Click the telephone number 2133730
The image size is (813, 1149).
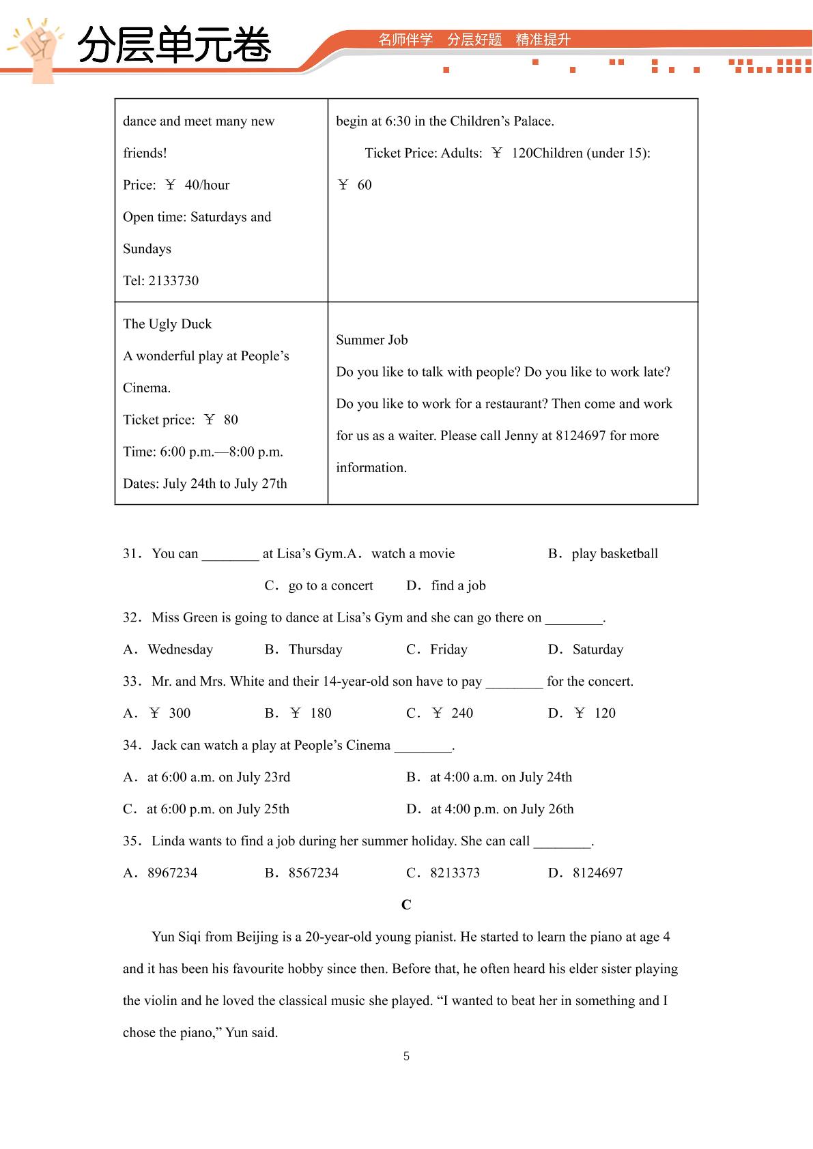(173, 280)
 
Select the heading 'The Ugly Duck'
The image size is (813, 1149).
(167, 324)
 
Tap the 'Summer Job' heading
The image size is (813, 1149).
(371, 340)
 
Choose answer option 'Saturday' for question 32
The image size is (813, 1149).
(597, 650)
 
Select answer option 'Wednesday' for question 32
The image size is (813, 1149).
(180, 650)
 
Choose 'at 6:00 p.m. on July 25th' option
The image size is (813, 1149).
(218, 809)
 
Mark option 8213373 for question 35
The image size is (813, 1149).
(455, 873)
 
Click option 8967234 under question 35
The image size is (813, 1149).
(172, 873)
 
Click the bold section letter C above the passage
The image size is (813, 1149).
(406, 905)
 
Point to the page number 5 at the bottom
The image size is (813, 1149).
(406, 1056)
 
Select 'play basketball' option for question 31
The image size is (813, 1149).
(614, 553)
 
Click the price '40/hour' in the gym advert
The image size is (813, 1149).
(207, 185)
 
